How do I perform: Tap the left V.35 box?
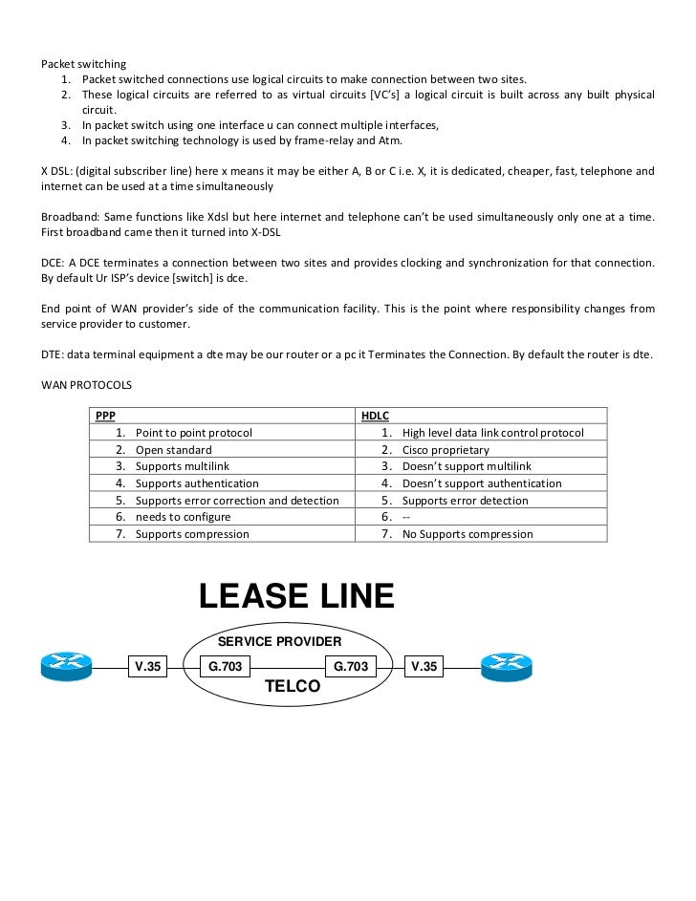(148, 666)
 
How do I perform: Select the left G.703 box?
(226, 666)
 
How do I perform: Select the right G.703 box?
(351, 666)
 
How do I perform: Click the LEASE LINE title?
(295, 597)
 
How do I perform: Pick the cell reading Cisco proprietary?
(446, 450)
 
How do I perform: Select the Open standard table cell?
(173, 450)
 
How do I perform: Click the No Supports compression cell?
(468, 534)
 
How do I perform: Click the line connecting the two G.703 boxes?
(288, 666)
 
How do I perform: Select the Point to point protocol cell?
(193, 433)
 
